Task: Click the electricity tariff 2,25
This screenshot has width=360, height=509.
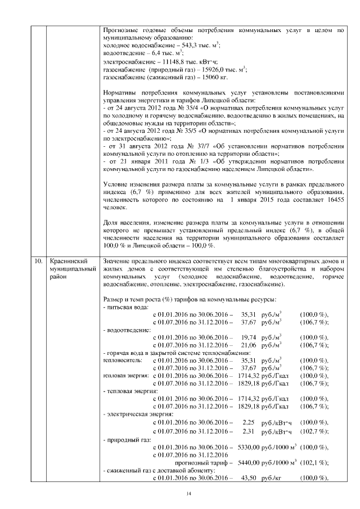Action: [x=249, y=422]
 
